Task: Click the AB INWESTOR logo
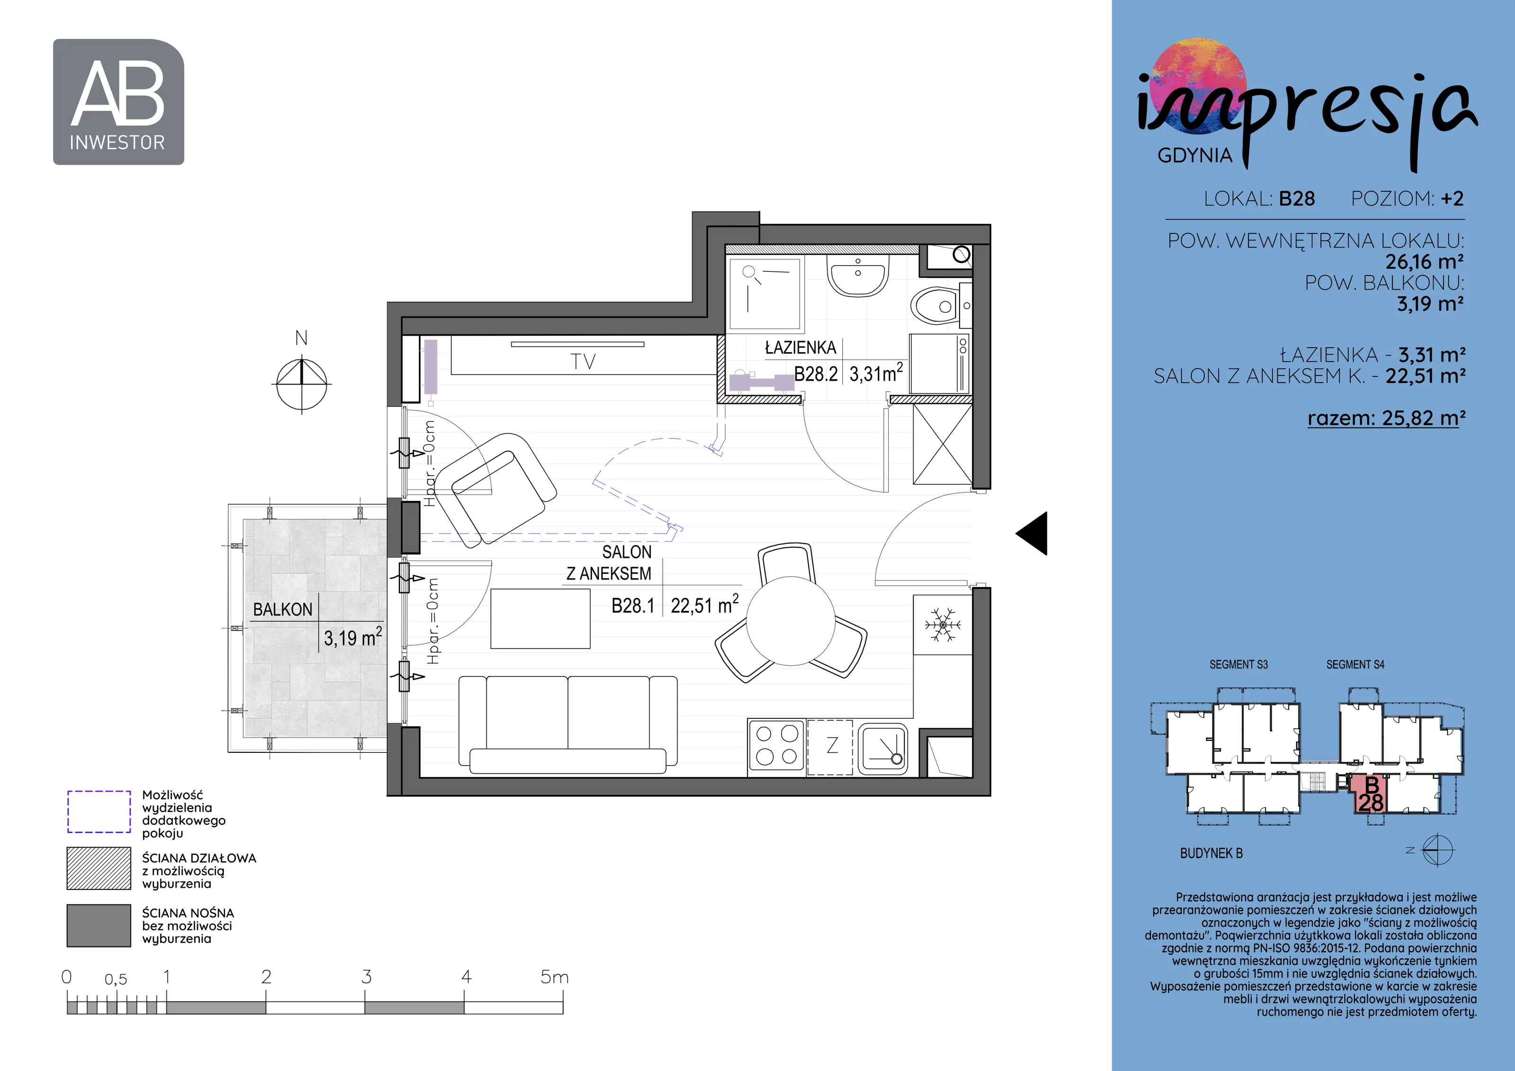[x=119, y=102]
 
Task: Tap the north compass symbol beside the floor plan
[x=302, y=383]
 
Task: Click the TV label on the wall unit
[x=583, y=362]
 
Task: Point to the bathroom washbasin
[x=858, y=276]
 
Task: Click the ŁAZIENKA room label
[x=801, y=348]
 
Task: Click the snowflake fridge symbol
[x=943, y=624]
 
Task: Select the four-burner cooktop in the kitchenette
[x=776, y=746]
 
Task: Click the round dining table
[x=791, y=621]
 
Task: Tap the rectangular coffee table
[x=540, y=619]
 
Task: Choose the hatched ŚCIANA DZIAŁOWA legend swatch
[x=99, y=868]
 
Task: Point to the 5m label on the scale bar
[x=554, y=977]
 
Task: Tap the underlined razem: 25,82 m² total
[x=1386, y=419]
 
